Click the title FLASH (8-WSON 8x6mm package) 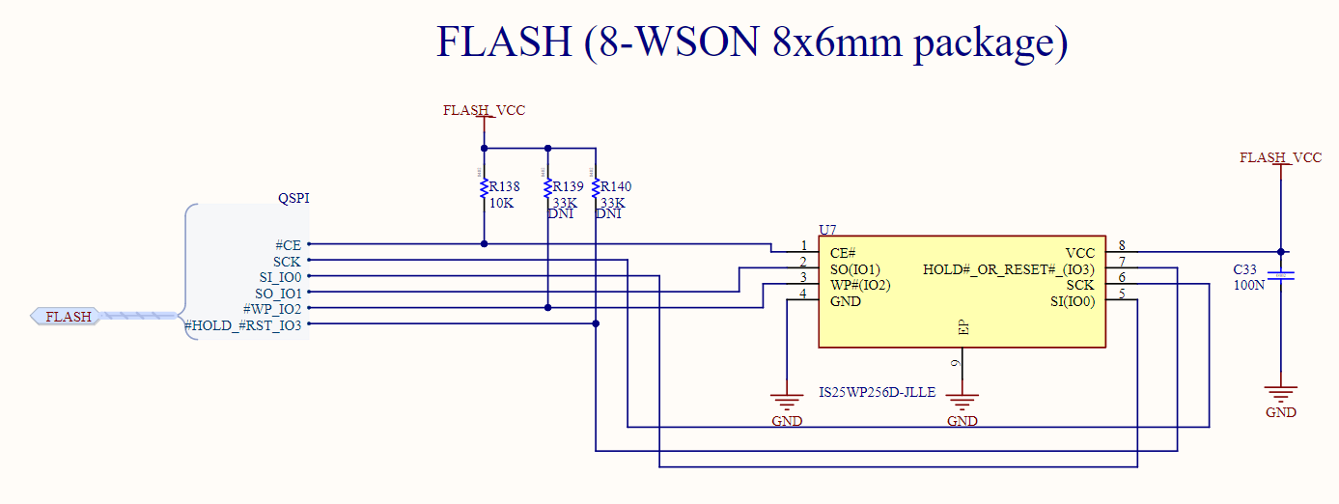pos(752,42)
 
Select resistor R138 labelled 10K pos(483,187)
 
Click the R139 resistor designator pos(566,187)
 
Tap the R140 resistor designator pos(616,187)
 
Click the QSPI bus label pos(293,199)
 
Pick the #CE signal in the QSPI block pos(288,245)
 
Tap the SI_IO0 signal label pos(280,277)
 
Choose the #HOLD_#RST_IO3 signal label pos(242,325)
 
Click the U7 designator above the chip pos(827,230)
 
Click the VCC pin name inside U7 pos(1079,253)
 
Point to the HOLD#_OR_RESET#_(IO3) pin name pos(1009,269)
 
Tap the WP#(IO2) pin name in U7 pos(859,285)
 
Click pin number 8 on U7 pos(1121,245)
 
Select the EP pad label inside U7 pos(962,328)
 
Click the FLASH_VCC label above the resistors pos(484,110)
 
